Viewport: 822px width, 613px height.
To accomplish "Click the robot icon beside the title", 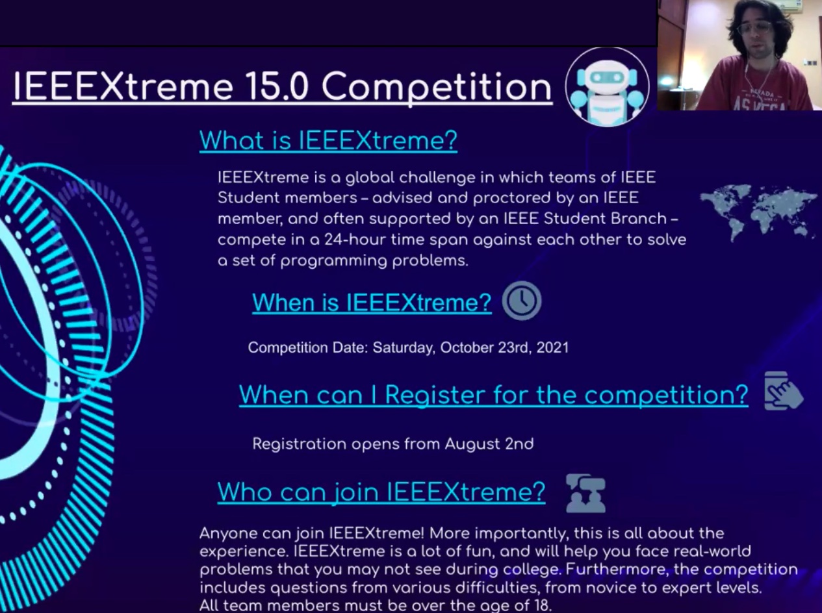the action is [x=607, y=87].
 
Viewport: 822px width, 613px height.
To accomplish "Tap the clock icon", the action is [x=522, y=301].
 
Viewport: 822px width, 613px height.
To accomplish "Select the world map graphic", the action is [x=759, y=213].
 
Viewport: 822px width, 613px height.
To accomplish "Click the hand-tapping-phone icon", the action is [x=783, y=391].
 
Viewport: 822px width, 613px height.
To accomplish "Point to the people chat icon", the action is [x=585, y=494].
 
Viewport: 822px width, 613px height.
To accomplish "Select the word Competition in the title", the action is [x=437, y=88].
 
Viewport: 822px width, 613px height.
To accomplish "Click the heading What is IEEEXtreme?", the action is [x=328, y=140].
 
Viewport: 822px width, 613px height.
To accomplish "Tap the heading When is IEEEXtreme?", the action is [x=372, y=302].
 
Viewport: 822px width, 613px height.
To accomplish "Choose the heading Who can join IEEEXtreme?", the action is [x=381, y=492].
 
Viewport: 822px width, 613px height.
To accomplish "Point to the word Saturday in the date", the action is [x=404, y=347].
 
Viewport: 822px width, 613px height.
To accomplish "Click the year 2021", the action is [x=552, y=347].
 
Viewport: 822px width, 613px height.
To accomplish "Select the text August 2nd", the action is [x=489, y=444].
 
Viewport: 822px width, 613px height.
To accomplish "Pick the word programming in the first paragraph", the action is [x=333, y=261].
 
